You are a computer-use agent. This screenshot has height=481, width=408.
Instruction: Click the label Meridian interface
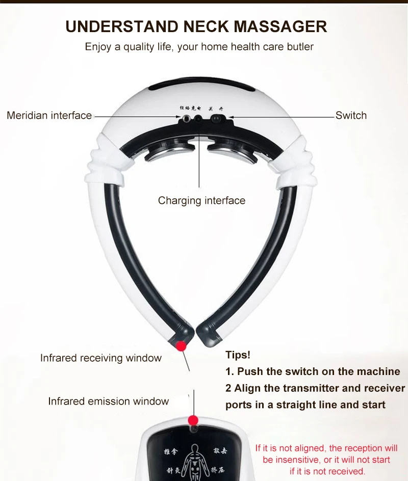point(49,116)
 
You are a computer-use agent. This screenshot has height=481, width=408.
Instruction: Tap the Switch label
point(351,116)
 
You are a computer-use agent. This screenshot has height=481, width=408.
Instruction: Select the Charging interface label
point(201,200)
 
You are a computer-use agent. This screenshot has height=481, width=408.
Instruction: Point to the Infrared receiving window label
point(101,358)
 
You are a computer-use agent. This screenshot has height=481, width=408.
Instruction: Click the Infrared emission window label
point(108,402)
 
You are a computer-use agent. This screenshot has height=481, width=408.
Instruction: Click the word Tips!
point(238,355)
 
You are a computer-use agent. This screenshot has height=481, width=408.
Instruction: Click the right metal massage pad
point(231,150)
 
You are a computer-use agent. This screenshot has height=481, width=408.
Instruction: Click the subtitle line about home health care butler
point(199,47)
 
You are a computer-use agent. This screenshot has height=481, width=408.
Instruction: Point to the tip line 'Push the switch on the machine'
point(313,371)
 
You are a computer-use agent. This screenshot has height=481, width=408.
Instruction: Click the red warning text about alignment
point(326,460)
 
